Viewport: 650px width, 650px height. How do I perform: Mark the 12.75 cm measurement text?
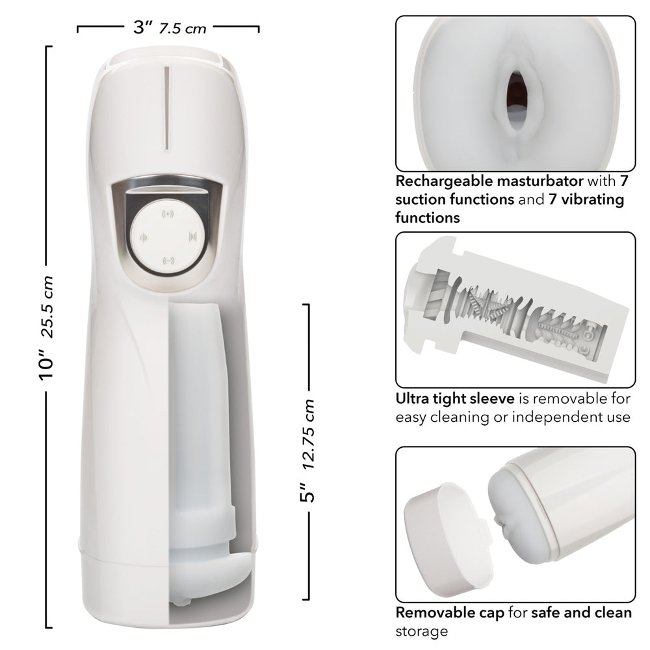(x=310, y=434)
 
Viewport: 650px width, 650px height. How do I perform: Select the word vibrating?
(x=588, y=200)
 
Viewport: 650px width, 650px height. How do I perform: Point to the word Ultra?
(x=414, y=398)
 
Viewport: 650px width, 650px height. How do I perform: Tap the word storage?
(x=422, y=630)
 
